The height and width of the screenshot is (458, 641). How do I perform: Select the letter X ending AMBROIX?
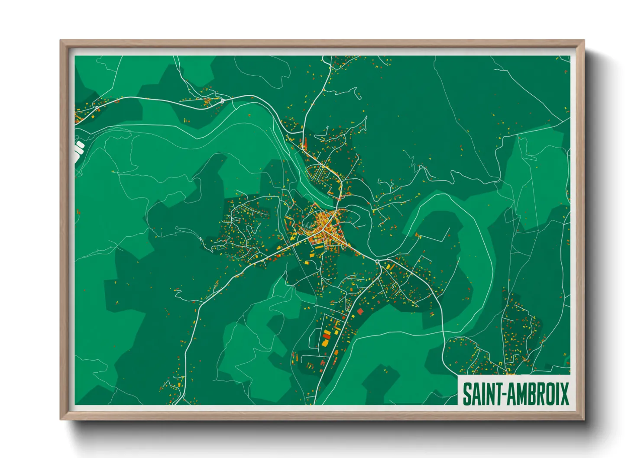[564, 394]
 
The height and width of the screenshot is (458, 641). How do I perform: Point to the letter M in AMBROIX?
[522, 394]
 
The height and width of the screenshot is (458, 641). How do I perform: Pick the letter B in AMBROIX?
[532, 394]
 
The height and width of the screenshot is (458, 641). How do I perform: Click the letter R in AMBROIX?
[541, 394]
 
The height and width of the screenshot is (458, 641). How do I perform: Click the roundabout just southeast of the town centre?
[377, 262]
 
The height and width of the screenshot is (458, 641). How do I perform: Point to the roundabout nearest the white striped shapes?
[96, 107]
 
